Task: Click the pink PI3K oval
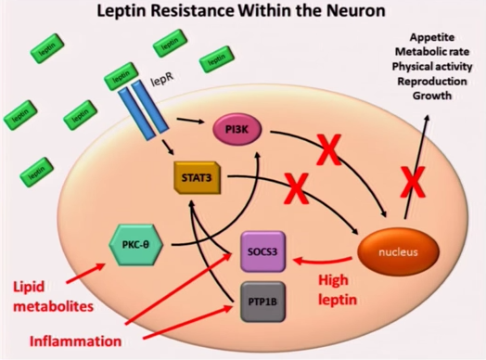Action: [237, 130]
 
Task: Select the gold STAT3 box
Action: [198, 177]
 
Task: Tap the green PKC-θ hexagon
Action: [135, 245]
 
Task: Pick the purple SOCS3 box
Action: [262, 251]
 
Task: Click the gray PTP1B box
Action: [262, 302]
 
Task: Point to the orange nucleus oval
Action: [398, 251]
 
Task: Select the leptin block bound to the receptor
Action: [121, 76]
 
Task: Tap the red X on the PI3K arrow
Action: [329, 149]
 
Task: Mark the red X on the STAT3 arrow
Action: [296, 188]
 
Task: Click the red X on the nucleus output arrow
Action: [413, 182]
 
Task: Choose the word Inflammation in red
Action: [75, 341]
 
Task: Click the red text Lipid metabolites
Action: [53, 296]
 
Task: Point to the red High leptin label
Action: [338, 289]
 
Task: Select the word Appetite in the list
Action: [432, 37]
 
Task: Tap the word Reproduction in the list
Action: [432, 82]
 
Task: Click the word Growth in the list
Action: [432, 96]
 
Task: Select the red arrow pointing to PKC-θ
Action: [85, 273]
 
